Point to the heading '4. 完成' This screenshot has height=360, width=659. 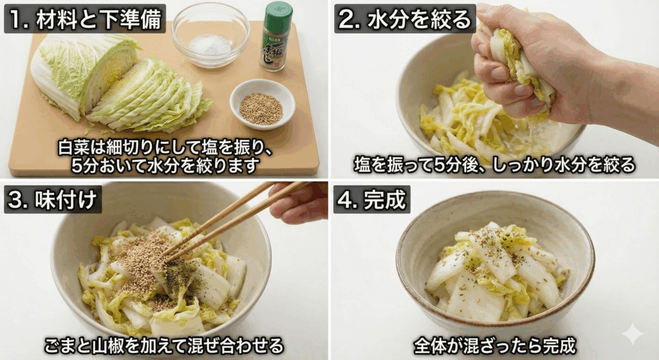pyautogui.click(x=371, y=199)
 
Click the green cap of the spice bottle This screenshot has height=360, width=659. pyautogui.click(x=278, y=12)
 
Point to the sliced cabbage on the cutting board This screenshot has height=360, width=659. pyautogui.click(x=151, y=97)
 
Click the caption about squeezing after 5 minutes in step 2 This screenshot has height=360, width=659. pyautogui.click(x=494, y=165)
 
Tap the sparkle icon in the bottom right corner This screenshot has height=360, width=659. pyautogui.click(x=632, y=334)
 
